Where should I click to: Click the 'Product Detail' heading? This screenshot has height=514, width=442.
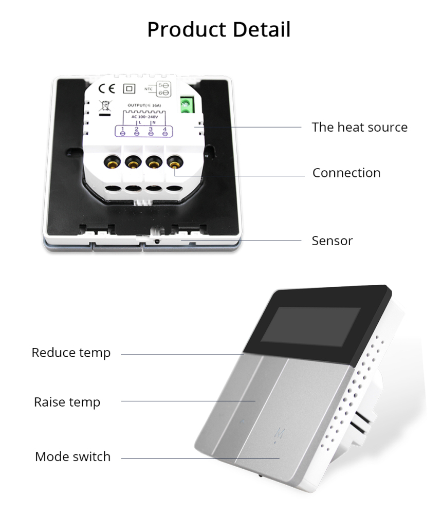(219, 29)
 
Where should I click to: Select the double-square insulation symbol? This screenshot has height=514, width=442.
(130, 88)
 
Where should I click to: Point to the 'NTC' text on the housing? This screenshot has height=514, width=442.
(149, 88)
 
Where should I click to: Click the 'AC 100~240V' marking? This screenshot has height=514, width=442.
(143, 117)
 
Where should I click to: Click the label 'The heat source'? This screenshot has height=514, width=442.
(359, 127)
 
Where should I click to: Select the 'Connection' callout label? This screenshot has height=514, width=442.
(346, 173)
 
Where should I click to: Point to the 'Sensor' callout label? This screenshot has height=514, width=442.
(332, 241)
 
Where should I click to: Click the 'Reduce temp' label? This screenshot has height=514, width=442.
(71, 353)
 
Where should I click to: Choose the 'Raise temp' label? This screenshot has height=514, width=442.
(67, 401)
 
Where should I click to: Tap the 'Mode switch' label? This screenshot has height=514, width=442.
(72, 456)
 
